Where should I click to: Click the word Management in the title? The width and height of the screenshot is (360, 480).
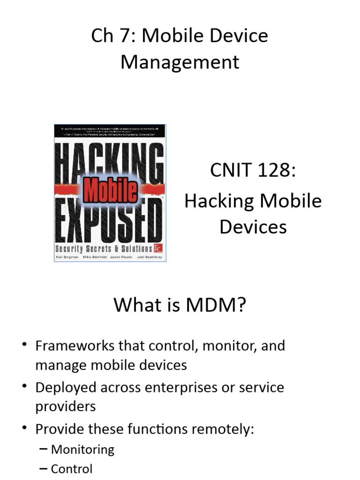point(180,62)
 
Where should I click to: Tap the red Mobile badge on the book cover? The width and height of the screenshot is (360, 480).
point(110,190)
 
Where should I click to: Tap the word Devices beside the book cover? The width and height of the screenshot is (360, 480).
point(253,227)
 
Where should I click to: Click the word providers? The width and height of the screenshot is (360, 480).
point(65,406)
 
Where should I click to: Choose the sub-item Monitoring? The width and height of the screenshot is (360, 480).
point(82,450)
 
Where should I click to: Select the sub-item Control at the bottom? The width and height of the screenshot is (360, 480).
point(72,469)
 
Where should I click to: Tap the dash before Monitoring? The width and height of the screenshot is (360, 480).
point(43,450)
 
